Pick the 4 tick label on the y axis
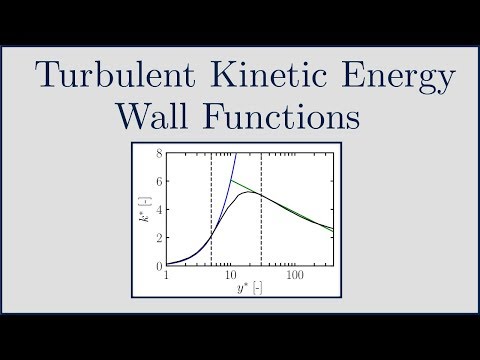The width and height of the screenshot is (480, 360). (159, 210)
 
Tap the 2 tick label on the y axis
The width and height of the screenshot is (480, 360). (159, 238)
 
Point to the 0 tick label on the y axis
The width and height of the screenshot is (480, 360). (159, 266)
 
